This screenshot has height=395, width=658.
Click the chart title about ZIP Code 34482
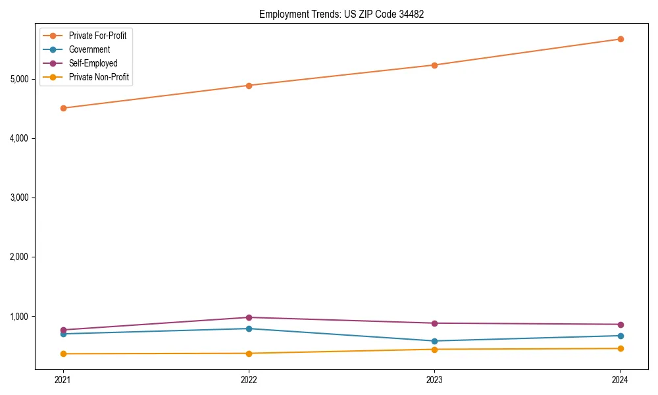(x=337, y=14)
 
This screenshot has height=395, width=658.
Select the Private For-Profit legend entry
(x=97, y=36)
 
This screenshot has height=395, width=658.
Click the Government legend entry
(x=89, y=49)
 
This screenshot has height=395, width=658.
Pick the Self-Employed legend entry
(x=93, y=63)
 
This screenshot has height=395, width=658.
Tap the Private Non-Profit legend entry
(x=99, y=77)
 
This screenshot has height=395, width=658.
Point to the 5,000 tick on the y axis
(x=19, y=79)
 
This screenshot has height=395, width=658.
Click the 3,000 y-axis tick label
(x=19, y=197)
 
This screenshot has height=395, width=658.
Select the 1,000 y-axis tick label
(x=19, y=317)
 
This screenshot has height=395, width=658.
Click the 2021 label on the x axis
(x=63, y=379)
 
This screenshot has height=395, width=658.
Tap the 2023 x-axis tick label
(x=434, y=379)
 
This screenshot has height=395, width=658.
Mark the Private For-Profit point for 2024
(x=620, y=39)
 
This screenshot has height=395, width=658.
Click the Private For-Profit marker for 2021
(x=63, y=108)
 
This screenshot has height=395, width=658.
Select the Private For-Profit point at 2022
(x=249, y=86)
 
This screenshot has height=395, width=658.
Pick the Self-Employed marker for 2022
(x=249, y=317)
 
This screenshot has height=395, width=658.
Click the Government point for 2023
(x=434, y=341)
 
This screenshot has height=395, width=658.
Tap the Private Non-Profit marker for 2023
(x=434, y=350)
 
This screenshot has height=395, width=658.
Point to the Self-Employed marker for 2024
(x=620, y=325)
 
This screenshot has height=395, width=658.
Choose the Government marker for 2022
(x=249, y=329)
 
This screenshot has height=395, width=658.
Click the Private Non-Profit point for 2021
(x=63, y=354)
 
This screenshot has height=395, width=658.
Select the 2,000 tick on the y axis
(x=19, y=257)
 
